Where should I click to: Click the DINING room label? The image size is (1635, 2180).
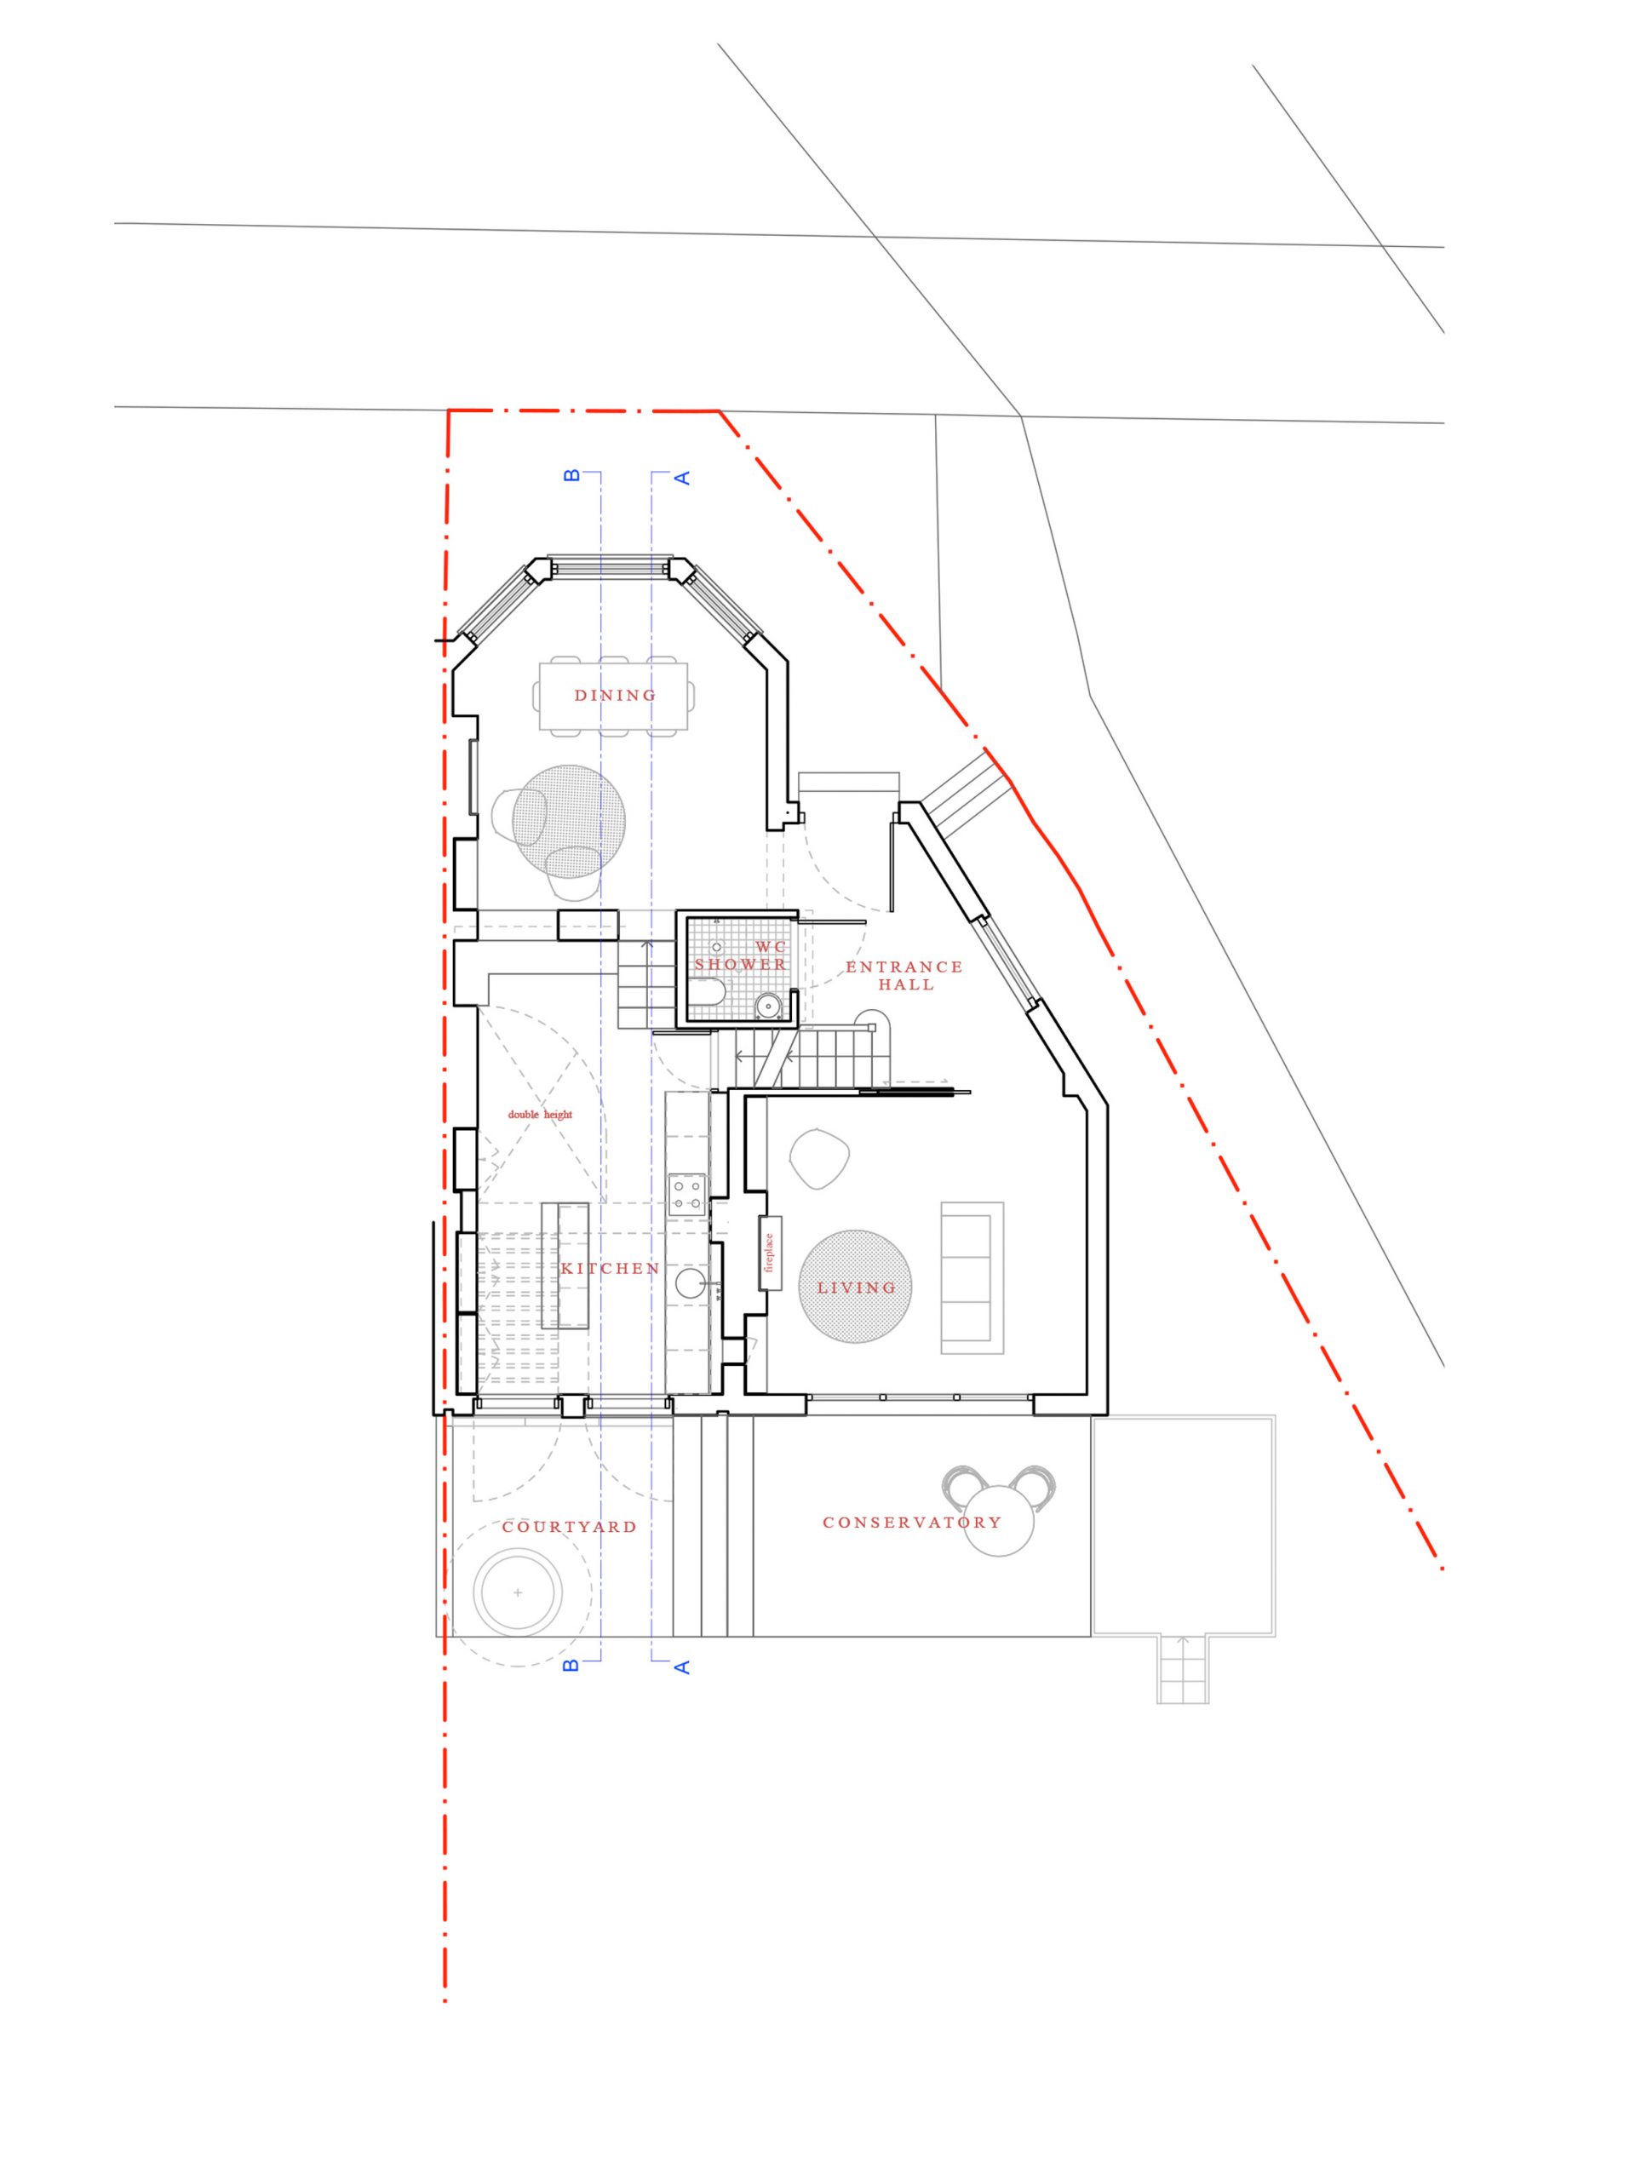pos(614,695)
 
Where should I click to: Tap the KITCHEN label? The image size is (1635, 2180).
pos(610,1268)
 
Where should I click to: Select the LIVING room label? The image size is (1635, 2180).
pos(857,1287)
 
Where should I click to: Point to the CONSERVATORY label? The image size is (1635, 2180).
pos(912,1523)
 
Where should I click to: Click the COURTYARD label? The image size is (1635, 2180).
pos(570,1527)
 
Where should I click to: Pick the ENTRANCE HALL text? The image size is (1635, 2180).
pos(904,976)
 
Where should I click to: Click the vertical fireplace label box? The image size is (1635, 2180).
pos(771,1253)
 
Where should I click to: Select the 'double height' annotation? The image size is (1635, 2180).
pos(540,1115)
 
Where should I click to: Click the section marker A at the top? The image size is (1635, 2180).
pos(681,478)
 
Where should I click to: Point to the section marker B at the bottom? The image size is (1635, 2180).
pos(571,1666)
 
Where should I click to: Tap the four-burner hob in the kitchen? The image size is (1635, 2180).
pos(687,1195)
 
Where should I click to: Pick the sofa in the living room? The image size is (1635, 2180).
pos(972,1277)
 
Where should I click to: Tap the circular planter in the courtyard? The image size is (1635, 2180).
pos(519,1592)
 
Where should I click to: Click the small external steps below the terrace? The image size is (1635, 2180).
pos(1183,1668)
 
